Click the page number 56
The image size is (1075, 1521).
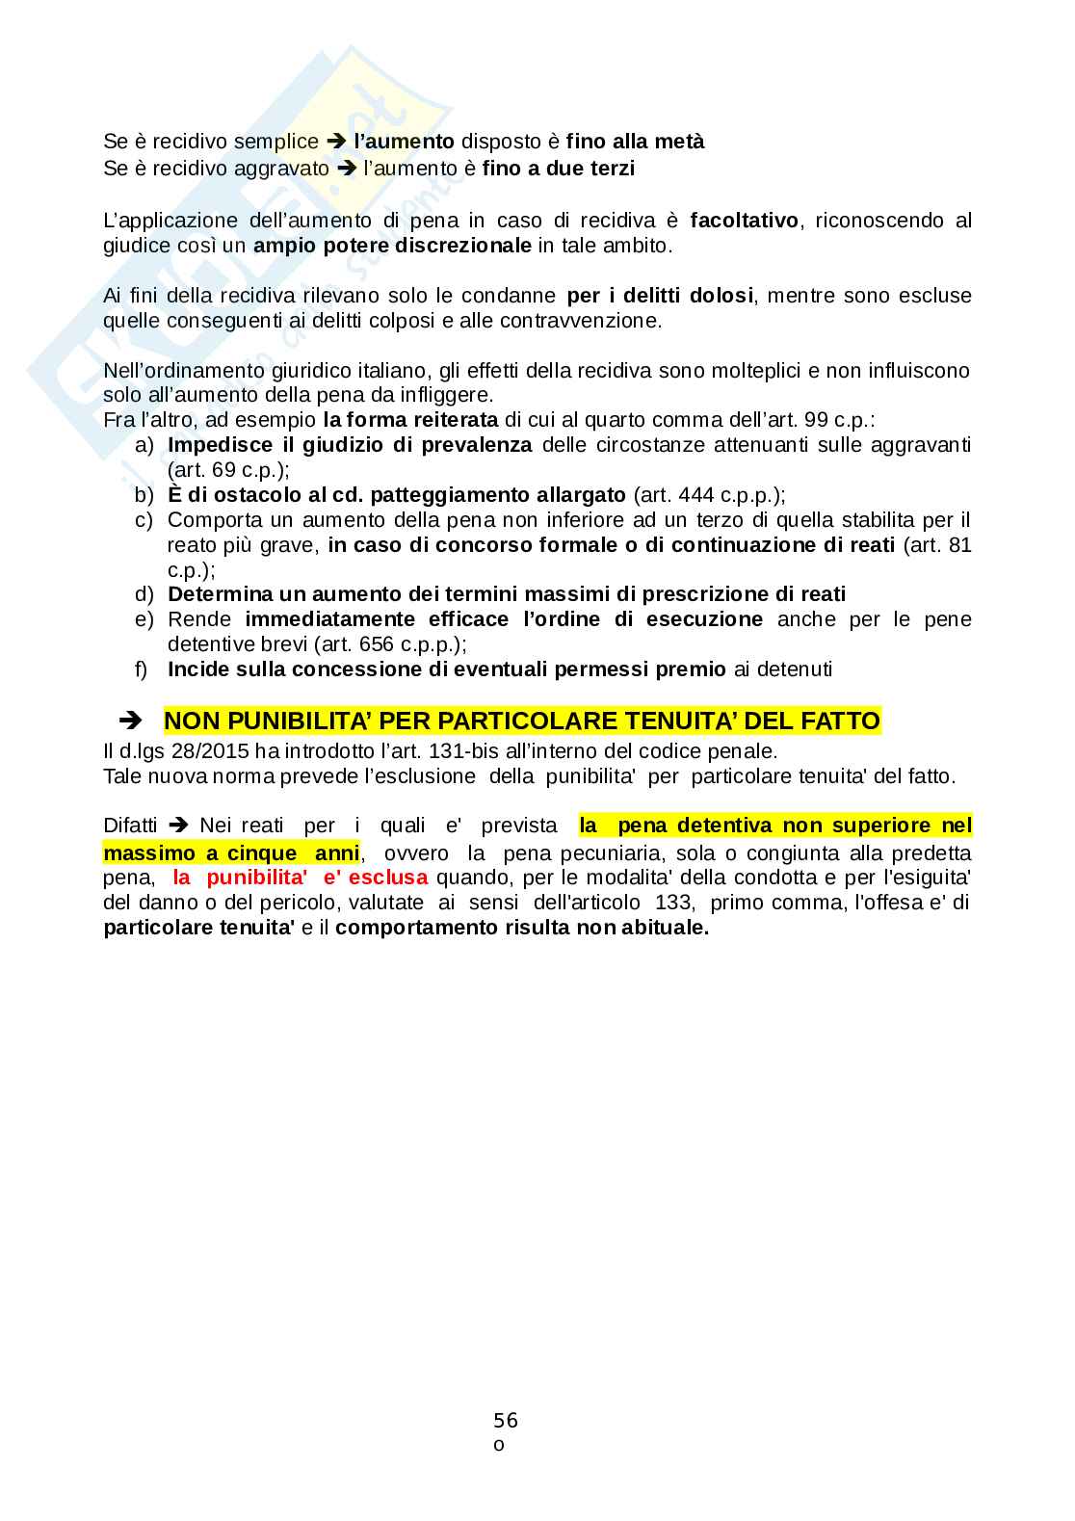(506, 1419)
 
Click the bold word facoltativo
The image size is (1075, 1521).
(744, 221)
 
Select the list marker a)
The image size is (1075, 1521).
(144, 445)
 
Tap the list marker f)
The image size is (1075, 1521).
(142, 669)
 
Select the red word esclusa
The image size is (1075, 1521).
(389, 878)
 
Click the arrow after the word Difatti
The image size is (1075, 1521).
(177, 826)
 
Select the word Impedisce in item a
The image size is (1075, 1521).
(211, 445)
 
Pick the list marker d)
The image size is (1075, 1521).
(144, 594)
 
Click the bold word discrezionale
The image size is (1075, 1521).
(470, 246)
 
